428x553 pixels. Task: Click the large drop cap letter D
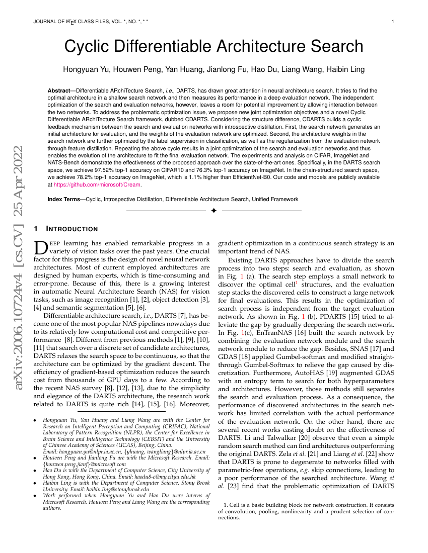pos(40,247)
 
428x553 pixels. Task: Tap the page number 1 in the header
pos(393,22)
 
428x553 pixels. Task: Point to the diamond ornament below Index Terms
pos(213,211)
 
